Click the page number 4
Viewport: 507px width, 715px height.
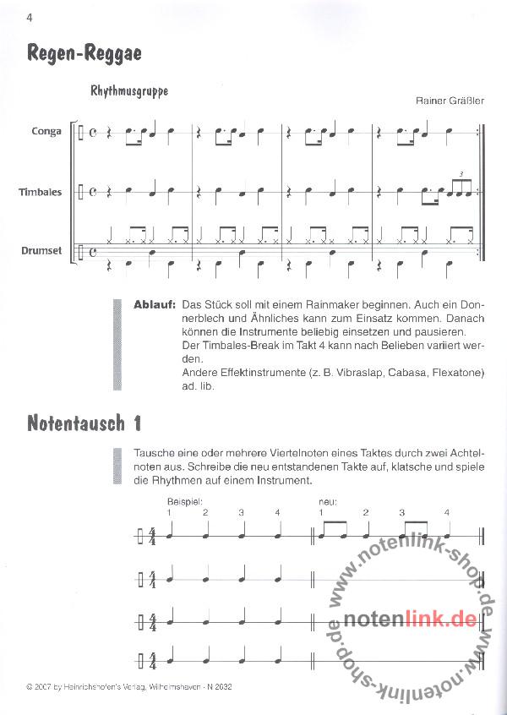coord(6,18)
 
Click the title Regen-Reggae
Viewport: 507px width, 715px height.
coord(84,53)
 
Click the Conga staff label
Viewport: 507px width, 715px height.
coord(46,132)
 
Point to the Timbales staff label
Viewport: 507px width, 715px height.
coord(40,192)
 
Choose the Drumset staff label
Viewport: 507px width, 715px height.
coord(41,249)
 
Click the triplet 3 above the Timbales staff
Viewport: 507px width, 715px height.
coord(461,174)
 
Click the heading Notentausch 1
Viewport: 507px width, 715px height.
coord(83,422)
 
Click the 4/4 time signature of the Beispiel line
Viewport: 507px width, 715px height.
coord(153,536)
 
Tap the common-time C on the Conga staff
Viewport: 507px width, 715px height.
coord(93,132)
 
